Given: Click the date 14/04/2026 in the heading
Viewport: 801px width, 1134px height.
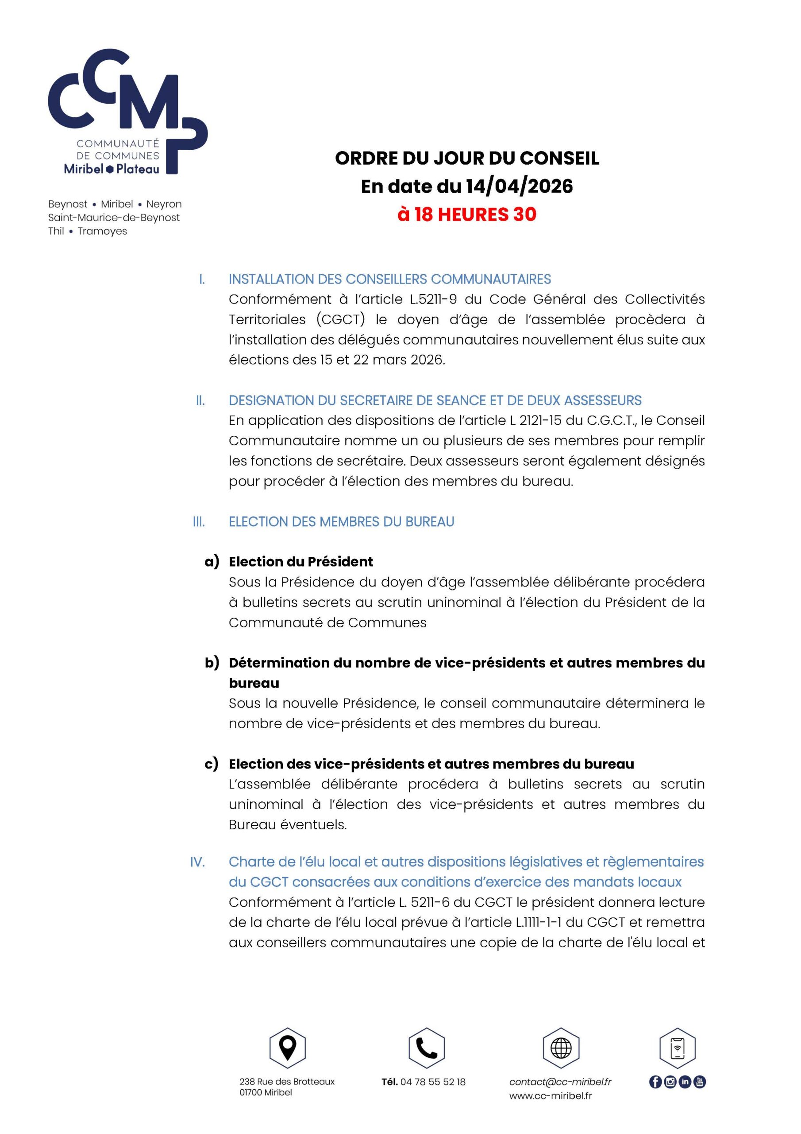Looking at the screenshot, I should click(x=519, y=186).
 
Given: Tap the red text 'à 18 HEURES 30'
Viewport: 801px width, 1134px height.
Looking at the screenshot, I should click(x=467, y=214).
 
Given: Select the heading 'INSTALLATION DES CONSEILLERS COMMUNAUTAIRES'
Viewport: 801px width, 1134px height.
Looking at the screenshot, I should click(x=389, y=279).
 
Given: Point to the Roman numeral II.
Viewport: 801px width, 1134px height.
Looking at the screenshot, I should click(x=200, y=400).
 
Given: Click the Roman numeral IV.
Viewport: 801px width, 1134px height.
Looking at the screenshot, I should click(x=197, y=862).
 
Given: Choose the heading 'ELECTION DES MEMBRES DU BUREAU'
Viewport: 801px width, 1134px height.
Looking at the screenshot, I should click(x=341, y=521).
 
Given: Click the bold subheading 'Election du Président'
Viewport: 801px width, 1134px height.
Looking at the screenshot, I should click(x=300, y=562).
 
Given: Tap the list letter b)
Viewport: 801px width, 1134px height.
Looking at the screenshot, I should click(x=212, y=662).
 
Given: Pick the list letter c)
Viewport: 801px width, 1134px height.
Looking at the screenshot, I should click(x=211, y=764).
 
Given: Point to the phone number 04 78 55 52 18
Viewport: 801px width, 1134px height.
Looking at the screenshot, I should click(x=433, y=1082).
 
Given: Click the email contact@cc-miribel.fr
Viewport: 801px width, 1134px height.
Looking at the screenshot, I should click(x=560, y=1082).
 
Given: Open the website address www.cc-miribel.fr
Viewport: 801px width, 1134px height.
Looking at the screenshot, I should click(x=550, y=1095).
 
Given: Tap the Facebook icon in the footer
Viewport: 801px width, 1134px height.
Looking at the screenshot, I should click(x=655, y=1082).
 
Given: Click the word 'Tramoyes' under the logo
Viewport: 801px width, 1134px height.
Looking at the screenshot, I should click(x=102, y=231).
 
